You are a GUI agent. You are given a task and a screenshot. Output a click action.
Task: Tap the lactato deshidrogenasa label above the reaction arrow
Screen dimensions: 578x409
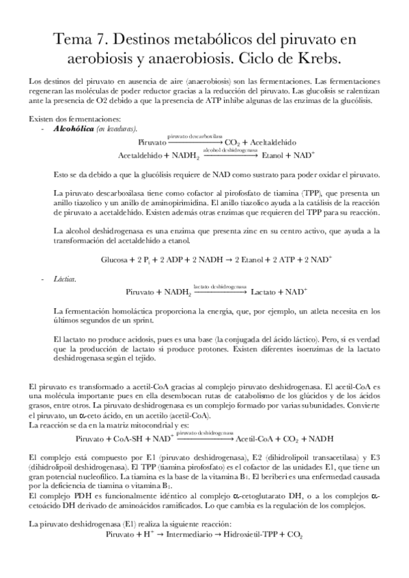219,286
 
